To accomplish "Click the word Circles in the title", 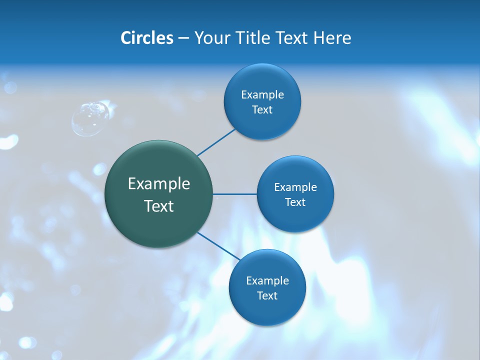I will tap(146, 38).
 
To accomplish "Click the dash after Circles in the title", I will tap(183, 38).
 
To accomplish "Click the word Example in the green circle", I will tap(159, 184).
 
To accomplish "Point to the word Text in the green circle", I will tap(159, 206).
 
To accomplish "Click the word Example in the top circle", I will tap(262, 94).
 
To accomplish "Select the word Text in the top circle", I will tap(262, 109).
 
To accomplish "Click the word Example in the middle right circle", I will tap(295, 187).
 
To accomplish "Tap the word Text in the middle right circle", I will tap(295, 202).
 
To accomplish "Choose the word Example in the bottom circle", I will tap(267, 280).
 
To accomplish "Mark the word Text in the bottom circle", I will tap(267, 295).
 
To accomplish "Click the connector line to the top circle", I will tap(216, 142).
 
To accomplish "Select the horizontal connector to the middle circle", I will tap(235, 194).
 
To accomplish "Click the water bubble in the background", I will tap(90, 118).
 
